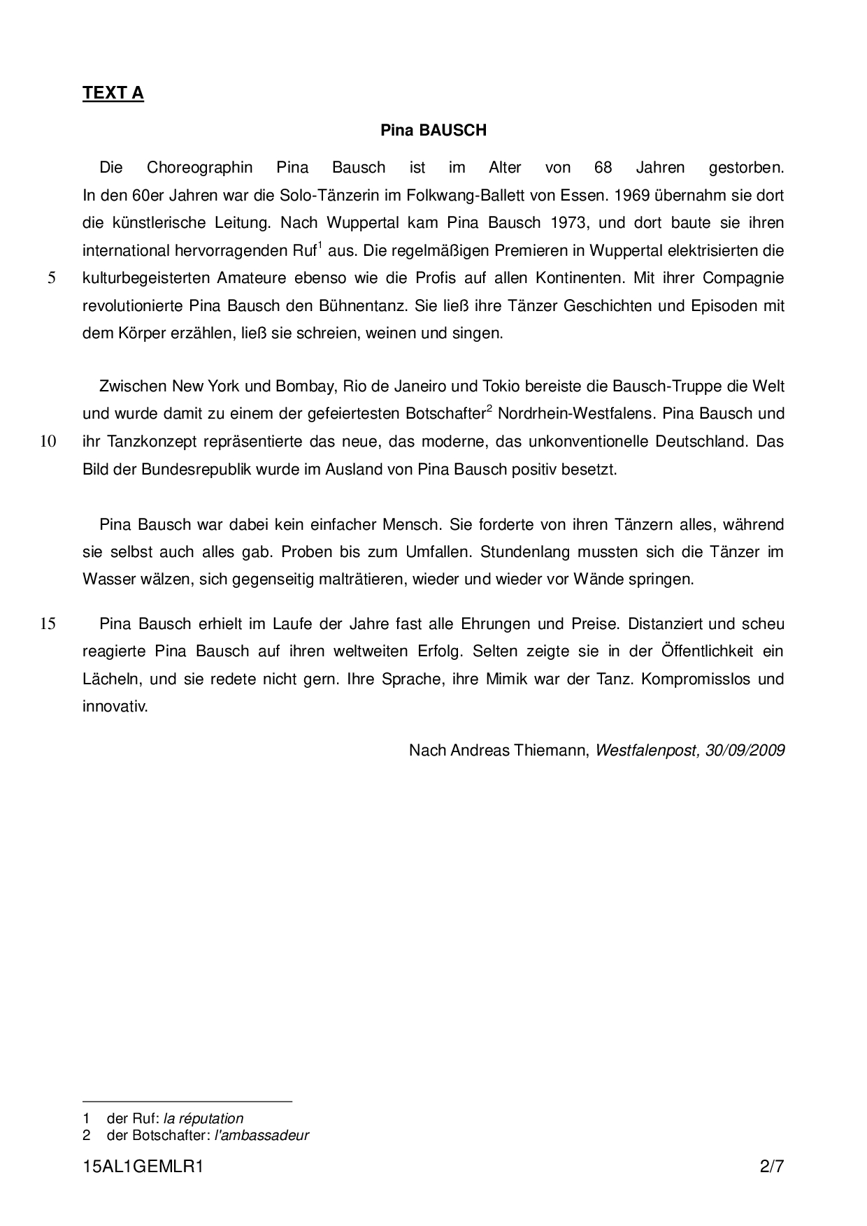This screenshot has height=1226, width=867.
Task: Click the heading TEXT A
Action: (113, 94)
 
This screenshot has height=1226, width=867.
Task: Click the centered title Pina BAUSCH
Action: (433, 131)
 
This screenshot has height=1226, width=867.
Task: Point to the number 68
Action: (603, 168)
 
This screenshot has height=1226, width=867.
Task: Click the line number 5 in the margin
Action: (52, 278)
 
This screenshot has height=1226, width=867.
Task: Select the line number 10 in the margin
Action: (48, 442)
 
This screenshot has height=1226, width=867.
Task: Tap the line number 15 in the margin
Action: (48, 624)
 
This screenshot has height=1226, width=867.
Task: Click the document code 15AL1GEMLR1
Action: (143, 1167)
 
